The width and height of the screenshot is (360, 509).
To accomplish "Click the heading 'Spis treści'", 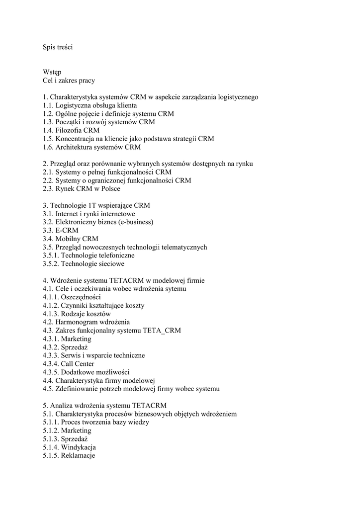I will (58, 47).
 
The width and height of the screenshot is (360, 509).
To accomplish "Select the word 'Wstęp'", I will (52, 72).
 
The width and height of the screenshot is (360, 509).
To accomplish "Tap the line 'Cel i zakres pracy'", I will (69, 81).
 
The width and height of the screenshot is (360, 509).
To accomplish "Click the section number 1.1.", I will (48, 105).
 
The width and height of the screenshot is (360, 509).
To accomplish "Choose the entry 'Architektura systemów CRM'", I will (98, 147).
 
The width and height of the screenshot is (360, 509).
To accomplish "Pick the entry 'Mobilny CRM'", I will (77, 239).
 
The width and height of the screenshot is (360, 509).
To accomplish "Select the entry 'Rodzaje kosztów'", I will (86, 314).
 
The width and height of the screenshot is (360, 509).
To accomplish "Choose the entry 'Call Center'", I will (78, 364).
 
